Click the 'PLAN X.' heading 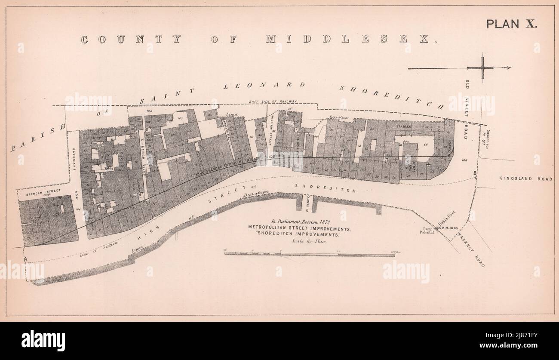click(x=511, y=25)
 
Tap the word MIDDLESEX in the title click(x=347, y=39)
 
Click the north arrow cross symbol click(x=482, y=68)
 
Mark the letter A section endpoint click(x=25, y=258)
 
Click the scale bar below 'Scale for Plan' click(x=309, y=255)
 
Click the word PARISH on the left click(x=37, y=137)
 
